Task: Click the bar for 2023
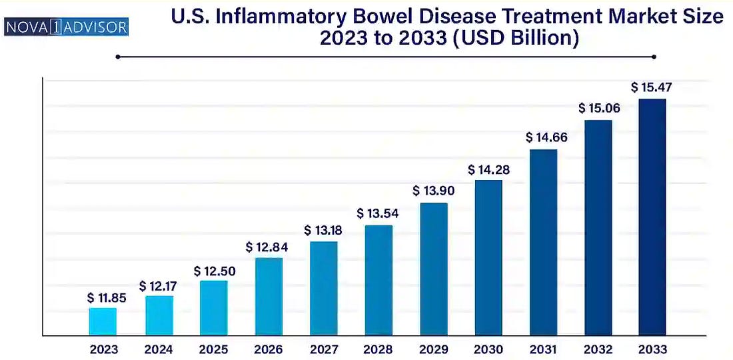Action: pyautogui.click(x=103, y=321)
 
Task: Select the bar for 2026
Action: pyautogui.click(x=269, y=297)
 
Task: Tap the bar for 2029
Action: pyautogui.click(x=434, y=269)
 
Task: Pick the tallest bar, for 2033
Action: pyautogui.click(x=652, y=217)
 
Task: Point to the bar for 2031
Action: pyautogui.click(x=544, y=243)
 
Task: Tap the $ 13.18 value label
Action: pyautogui.click(x=324, y=231)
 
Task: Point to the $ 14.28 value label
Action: pyautogui.click(x=488, y=170)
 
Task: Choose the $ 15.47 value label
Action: pyautogui.click(x=652, y=87)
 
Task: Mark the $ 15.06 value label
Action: pyautogui.click(x=598, y=108)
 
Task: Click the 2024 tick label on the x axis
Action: pyautogui.click(x=158, y=349)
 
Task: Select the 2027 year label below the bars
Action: pyautogui.click(x=323, y=349)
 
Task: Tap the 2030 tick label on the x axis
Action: pyautogui.click(x=488, y=349)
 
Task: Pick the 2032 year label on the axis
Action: pyautogui.click(x=598, y=349)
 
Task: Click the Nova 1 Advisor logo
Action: pyautogui.click(x=66, y=27)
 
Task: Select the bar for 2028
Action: pyautogui.click(x=378, y=280)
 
